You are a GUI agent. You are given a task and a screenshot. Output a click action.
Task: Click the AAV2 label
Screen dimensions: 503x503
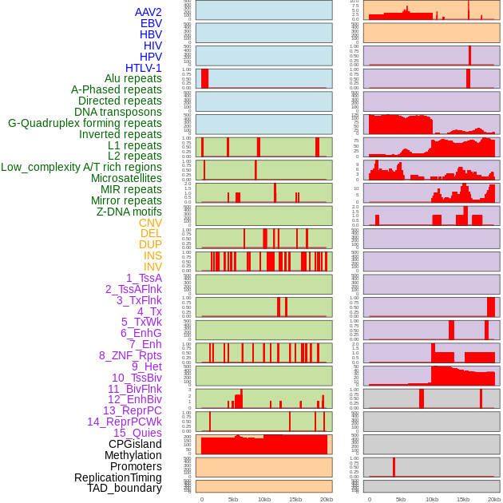pyautogui.click(x=148, y=12)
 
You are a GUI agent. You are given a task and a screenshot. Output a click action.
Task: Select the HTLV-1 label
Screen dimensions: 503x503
pyautogui.click(x=143, y=68)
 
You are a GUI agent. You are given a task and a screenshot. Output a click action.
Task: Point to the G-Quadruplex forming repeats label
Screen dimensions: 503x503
pyautogui.click(x=85, y=123)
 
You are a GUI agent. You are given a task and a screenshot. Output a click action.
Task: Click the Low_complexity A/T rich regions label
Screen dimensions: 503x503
pyautogui.click(x=81, y=167)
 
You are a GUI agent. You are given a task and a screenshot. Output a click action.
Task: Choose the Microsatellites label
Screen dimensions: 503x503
pyautogui.click(x=126, y=178)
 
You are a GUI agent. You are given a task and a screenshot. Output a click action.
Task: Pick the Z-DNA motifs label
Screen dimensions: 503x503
pyautogui.click(x=129, y=212)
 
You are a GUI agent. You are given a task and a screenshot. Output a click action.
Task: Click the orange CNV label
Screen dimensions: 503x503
pyautogui.click(x=150, y=223)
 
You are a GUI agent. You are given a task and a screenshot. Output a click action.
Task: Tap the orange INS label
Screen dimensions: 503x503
pyautogui.click(x=152, y=255)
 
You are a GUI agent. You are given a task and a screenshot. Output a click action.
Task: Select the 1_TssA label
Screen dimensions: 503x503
pyautogui.click(x=144, y=278)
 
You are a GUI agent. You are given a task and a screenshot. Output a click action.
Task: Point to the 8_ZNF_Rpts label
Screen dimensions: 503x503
pyautogui.click(x=130, y=355)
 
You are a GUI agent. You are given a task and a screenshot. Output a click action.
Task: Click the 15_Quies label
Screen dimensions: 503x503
pyautogui.click(x=137, y=433)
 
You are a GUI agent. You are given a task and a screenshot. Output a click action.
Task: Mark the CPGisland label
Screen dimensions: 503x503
pyautogui.click(x=135, y=444)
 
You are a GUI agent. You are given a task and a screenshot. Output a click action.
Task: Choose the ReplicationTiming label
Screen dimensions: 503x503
pyautogui.click(x=117, y=477)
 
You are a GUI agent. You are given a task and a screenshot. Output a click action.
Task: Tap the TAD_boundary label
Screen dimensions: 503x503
pyautogui.click(x=124, y=488)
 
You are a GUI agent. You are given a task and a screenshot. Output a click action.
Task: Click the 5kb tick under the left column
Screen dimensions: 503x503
pyautogui.click(x=233, y=499)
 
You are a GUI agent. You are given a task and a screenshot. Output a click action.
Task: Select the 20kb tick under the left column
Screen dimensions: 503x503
pyautogui.click(x=327, y=499)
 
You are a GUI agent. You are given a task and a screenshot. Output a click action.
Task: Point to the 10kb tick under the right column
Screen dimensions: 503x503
pyautogui.click(x=432, y=499)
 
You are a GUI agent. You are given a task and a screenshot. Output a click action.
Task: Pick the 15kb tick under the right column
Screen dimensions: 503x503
pyautogui.click(x=463, y=499)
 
